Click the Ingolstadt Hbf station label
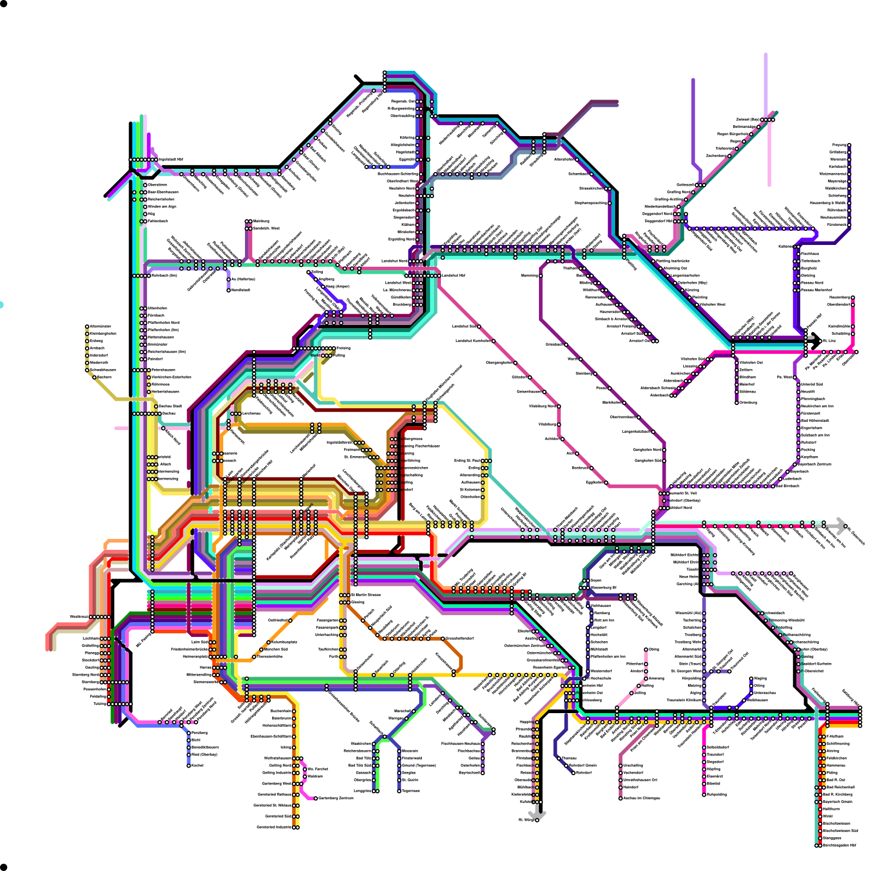[x=171, y=160]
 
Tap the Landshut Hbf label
[x=453, y=275]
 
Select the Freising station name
[x=344, y=348]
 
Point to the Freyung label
[x=839, y=145]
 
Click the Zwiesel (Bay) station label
[x=747, y=119]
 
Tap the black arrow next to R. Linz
[x=815, y=341]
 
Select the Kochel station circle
[x=189, y=766]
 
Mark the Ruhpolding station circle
[x=704, y=795]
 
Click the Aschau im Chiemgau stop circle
[x=621, y=799]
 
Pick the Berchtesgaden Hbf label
[x=839, y=845]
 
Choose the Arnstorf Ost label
[x=640, y=341]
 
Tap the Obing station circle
[x=646, y=649]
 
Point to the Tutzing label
[x=100, y=704]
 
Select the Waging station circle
[x=751, y=678]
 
